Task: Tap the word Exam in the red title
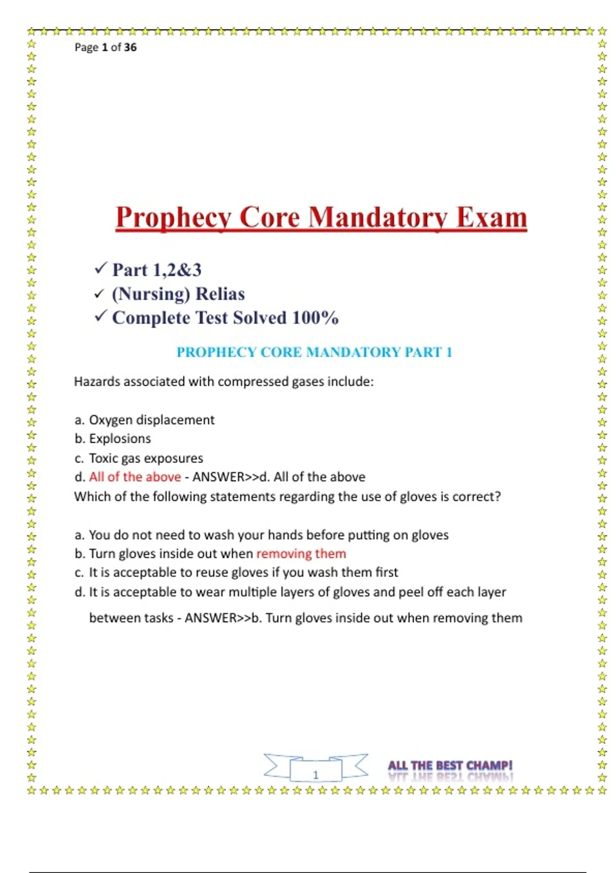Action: click(x=491, y=218)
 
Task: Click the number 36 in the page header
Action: click(x=130, y=47)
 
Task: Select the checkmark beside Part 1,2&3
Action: click(x=101, y=268)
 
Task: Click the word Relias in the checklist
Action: click(x=220, y=294)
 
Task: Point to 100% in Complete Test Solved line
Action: click(x=315, y=318)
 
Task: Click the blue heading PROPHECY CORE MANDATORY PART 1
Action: click(x=314, y=352)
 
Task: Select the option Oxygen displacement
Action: click(x=151, y=420)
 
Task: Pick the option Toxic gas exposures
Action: click(x=146, y=458)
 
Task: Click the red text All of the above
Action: click(x=135, y=477)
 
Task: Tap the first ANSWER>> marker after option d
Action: click(x=225, y=477)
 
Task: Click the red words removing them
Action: click(x=301, y=554)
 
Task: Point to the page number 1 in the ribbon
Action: click(x=316, y=774)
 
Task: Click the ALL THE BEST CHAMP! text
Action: click(x=450, y=766)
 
